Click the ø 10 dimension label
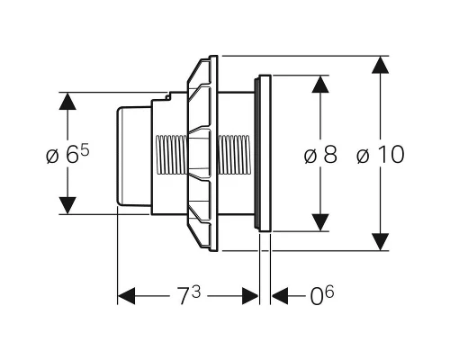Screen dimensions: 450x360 pos(381,155)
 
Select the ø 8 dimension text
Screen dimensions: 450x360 pos(320,155)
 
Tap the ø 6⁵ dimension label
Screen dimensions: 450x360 pos(67,155)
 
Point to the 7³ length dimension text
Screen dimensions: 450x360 pos(189,295)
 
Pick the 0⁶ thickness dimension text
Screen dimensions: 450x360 pos(322,295)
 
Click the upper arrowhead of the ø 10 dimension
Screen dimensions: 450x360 pos(381,65)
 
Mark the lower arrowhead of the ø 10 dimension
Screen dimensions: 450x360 pos(381,241)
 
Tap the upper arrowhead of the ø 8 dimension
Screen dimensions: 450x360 pos(320,85)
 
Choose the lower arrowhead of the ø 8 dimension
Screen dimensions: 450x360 pos(320,222)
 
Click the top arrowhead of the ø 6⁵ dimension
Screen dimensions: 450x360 pos(67,102)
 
